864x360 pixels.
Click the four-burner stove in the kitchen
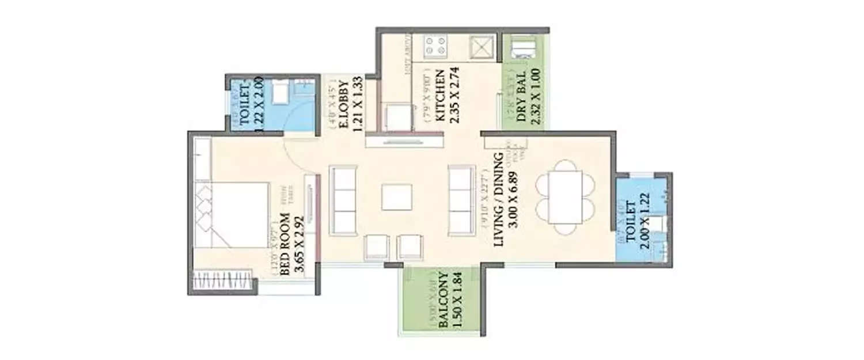(437, 47)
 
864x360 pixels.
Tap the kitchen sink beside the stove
(482, 47)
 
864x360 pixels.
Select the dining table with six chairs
(565, 197)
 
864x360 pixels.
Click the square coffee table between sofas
(397, 197)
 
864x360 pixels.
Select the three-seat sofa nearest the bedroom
(343, 200)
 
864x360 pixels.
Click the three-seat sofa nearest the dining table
(461, 200)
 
